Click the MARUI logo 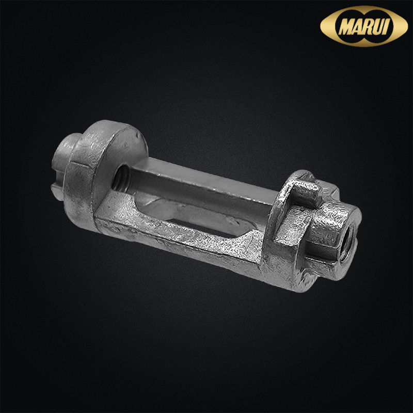click(x=364, y=26)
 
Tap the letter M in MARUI click(x=346, y=27)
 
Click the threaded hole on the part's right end click(x=347, y=244)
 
